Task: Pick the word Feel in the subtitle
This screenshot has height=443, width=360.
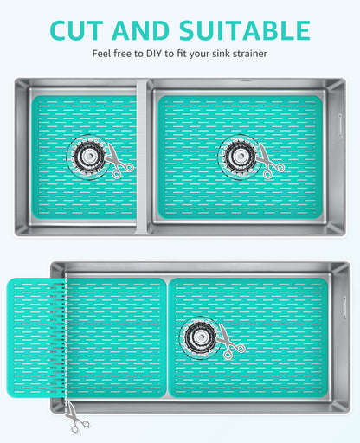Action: click(x=103, y=54)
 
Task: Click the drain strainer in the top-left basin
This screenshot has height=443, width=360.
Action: click(x=87, y=157)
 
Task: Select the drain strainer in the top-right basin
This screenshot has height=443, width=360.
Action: click(x=237, y=156)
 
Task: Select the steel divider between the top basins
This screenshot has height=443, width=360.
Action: click(x=144, y=156)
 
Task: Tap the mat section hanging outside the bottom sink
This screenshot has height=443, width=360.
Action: click(x=35, y=337)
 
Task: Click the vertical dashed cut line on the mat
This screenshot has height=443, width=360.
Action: click(x=65, y=337)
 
